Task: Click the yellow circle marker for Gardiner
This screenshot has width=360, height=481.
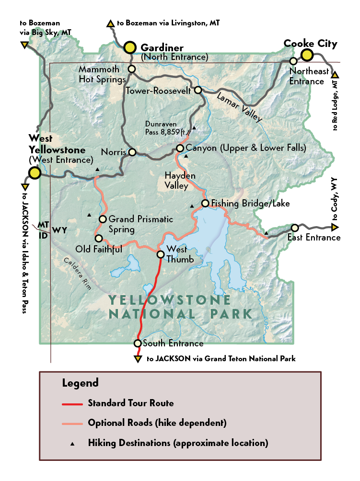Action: [130, 47]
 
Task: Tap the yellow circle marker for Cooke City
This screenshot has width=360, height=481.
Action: [307, 55]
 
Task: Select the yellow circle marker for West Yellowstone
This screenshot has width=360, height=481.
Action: [34, 173]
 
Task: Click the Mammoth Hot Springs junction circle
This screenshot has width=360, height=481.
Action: [132, 69]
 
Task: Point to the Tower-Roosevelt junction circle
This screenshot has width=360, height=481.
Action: [197, 90]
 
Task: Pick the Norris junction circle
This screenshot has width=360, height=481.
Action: [132, 152]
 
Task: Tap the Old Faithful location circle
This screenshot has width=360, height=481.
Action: [98, 238]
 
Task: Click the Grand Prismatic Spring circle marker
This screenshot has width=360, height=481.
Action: [102, 219]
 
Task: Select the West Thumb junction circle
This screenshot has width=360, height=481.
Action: [161, 254]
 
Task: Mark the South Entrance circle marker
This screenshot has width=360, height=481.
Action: [138, 343]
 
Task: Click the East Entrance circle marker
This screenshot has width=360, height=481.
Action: [294, 228]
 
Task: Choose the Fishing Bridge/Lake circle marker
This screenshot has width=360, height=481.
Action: [205, 204]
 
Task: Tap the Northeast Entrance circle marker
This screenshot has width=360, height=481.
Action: [293, 61]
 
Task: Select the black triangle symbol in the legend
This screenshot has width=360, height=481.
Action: [72, 444]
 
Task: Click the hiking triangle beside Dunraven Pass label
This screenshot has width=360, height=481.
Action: [194, 128]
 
